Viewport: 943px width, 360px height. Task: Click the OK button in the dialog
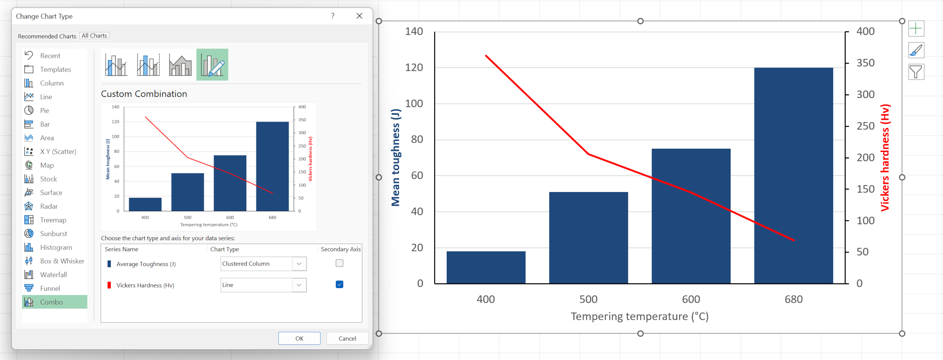click(299, 338)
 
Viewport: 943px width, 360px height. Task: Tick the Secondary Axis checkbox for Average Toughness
click(339, 263)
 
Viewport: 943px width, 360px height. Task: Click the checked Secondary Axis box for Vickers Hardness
click(339, 284)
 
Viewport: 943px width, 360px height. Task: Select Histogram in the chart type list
click(56, 247)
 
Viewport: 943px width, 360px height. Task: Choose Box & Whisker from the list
click(62, 261)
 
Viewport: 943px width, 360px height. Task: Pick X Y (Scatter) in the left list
click(58, 151)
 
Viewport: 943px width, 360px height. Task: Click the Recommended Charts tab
click(47, 36)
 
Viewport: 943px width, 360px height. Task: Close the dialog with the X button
click(359, 16)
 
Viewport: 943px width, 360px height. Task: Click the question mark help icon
click(333, 16)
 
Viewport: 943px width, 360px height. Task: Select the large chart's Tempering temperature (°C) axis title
click(639, 316)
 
